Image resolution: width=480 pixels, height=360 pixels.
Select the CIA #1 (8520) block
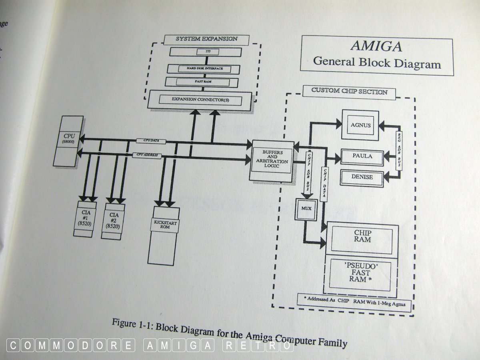(85, 218)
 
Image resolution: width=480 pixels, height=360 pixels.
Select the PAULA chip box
(362, 156)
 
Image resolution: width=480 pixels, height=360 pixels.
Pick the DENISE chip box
(362, 176)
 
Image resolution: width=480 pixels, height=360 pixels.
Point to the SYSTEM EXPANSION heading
(207, 39)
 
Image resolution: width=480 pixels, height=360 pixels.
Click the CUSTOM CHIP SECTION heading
(349, 92)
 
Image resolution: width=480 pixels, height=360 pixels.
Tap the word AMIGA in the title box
(376, 46)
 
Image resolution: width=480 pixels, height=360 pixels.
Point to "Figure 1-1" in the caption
(132, 323)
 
